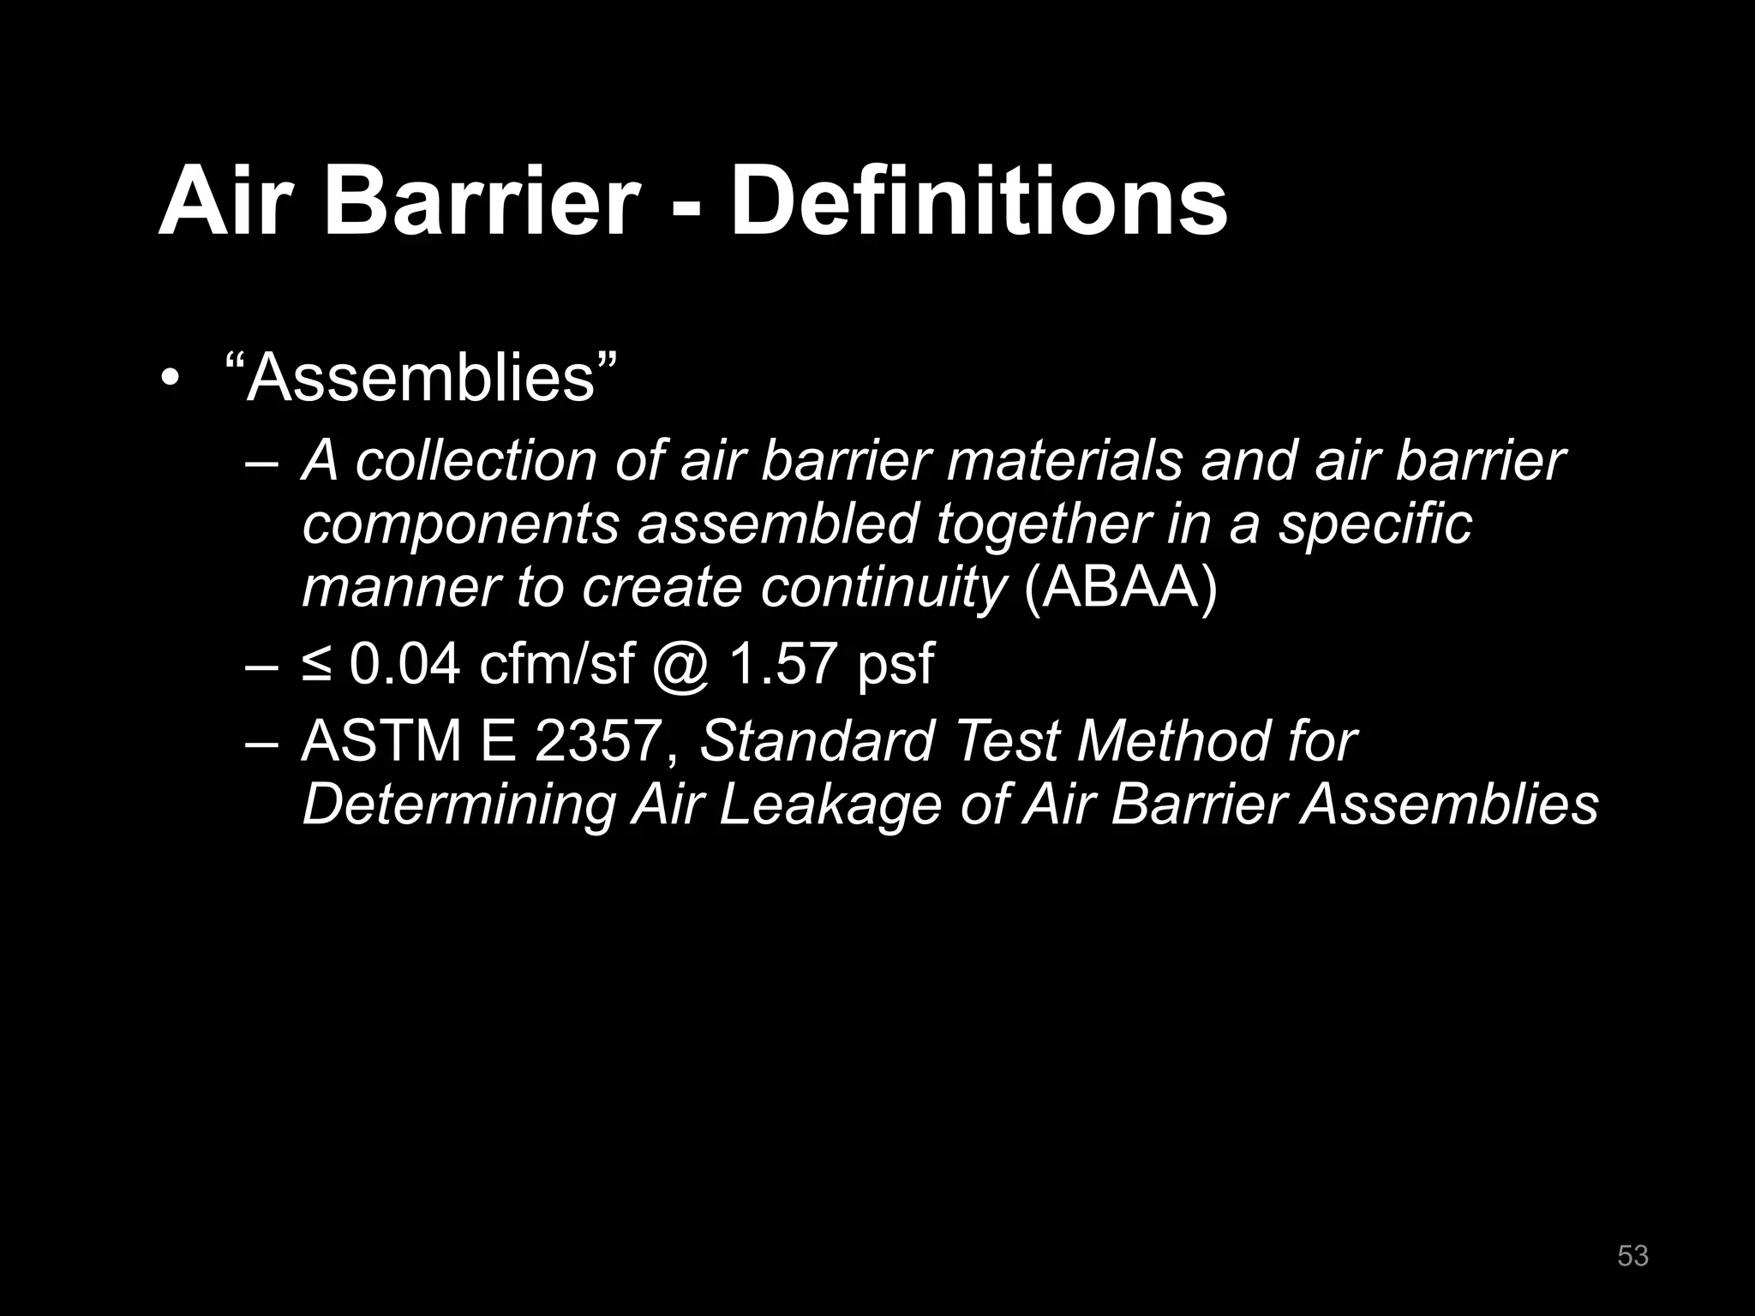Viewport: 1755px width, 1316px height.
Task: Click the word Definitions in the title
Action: [x=979, y=202]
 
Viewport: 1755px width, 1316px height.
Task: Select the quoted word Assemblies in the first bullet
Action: [x=421, y=378]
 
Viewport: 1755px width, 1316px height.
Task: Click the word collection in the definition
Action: [x=476, y=461]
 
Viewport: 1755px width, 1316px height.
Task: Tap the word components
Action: [x=460, y=524]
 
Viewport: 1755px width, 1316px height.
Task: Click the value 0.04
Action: [x=405, y=664]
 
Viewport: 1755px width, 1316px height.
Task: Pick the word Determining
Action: [x=459, y=805]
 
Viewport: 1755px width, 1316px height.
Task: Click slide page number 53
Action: [x=1632, y=1256]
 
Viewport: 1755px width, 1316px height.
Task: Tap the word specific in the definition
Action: [x=1375, y=524]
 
